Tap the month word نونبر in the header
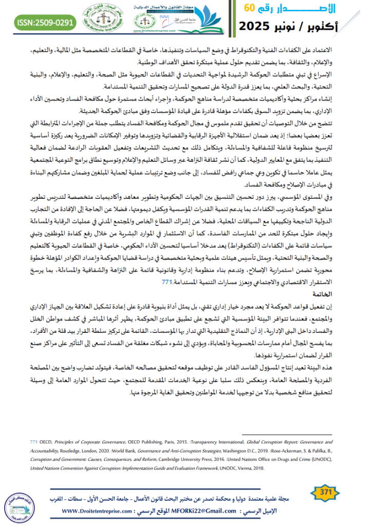tap(298, 26)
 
